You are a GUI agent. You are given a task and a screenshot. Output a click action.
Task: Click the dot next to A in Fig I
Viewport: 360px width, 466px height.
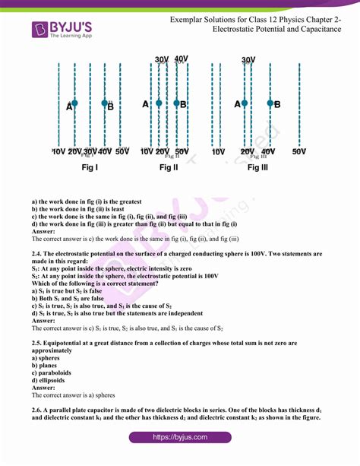(x=74, y=103)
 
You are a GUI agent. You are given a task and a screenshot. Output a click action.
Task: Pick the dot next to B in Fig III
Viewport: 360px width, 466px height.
(x=267, y=104)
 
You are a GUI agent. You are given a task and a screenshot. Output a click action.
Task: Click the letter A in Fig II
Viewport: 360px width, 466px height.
(x=145, y=104)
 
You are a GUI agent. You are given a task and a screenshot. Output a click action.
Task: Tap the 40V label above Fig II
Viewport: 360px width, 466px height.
(x=182, y=59)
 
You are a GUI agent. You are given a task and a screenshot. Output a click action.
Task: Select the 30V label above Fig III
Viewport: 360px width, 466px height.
(x=248, y=60)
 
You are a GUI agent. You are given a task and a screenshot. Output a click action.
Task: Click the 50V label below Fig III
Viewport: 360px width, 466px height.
(x=299, y=152)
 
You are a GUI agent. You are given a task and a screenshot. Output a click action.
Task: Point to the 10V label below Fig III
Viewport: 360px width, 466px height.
(x=218, y=152)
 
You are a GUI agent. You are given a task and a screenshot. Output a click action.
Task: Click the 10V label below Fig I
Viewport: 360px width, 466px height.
(x=58, y=152)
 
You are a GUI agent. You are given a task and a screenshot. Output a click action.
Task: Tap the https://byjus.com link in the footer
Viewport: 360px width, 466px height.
(x=179, y=438)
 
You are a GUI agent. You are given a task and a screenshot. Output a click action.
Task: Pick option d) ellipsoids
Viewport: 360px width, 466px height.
(x=50, y=380)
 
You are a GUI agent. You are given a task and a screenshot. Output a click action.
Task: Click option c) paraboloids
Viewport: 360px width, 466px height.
(x=53, y=373)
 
